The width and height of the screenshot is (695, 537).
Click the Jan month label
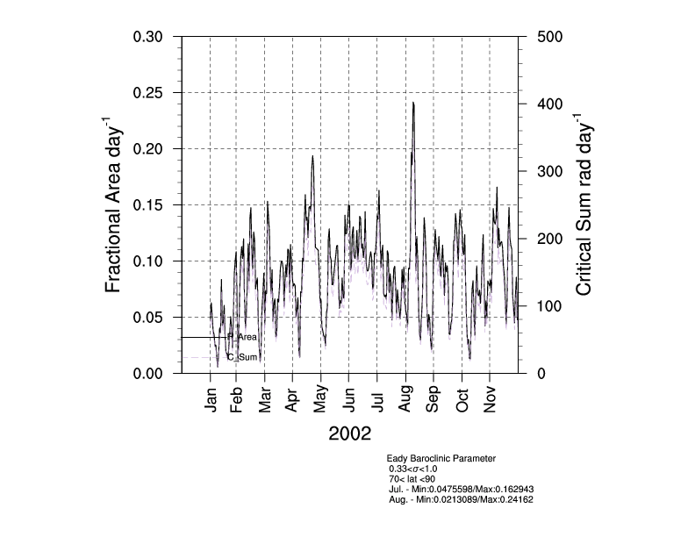(x=211, y=400)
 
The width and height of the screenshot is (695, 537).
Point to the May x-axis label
(x=321, y=400)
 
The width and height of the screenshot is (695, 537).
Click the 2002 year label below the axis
(x=349, y=433)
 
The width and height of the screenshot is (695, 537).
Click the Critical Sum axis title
(x=584, y=204)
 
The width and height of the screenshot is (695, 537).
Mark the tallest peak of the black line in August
(x=412, y=103)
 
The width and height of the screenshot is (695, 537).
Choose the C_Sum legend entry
(x=242, y=357)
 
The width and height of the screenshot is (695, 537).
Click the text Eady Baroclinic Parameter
(x=441, y=458)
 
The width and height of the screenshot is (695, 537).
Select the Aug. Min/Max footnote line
(x=461, y=499)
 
